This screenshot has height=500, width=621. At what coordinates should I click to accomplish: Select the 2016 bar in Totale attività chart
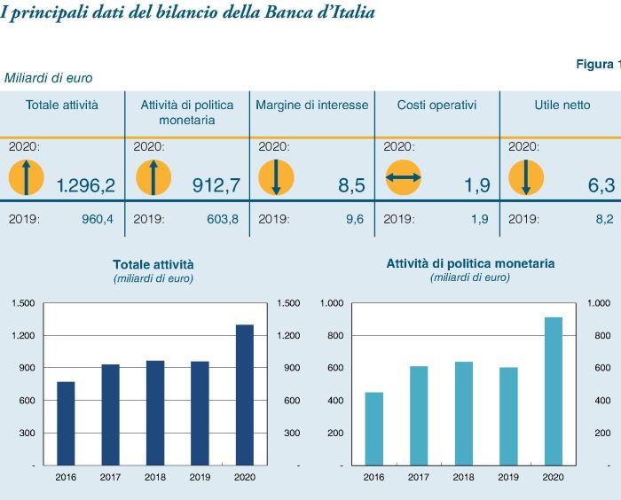66,423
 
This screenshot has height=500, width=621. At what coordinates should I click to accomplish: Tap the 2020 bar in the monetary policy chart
553,391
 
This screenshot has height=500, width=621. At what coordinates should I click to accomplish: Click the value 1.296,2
85,185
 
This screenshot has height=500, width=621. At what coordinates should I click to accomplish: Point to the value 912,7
216,185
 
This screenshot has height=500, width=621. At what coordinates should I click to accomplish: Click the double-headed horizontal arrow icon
404,179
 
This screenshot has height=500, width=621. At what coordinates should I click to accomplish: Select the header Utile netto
562,105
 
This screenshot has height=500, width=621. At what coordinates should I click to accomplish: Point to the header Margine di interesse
311,105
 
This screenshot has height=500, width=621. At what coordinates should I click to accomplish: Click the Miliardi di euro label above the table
48,78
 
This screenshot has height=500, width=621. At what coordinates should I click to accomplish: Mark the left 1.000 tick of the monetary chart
331,303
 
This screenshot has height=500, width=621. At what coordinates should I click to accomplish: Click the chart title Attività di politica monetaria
470,263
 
